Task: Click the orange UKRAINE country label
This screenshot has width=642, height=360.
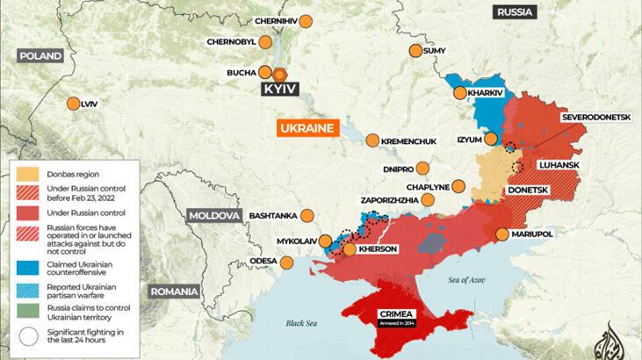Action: tap(306, 128)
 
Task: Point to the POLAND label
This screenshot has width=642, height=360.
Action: tap(41, 55)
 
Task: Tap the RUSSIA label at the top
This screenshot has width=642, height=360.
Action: tap(516, 12)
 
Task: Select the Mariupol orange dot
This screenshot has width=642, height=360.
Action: tap(501, 234)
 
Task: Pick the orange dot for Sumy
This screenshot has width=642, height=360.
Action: tap(415, 51)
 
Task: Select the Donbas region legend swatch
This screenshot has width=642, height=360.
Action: tap(26, 172)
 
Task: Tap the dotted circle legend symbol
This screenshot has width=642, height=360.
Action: tap(26, 335)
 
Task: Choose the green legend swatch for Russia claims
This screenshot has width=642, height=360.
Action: tap(26, 310)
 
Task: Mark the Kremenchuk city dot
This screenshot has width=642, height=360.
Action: tap(372, 140)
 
